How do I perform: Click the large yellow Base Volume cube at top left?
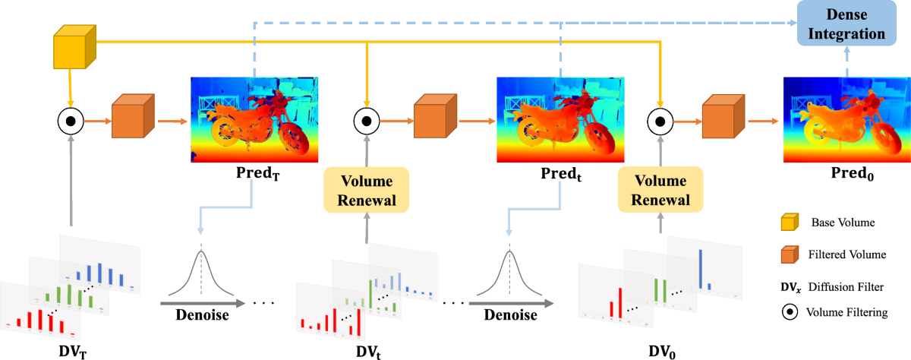click(74, 46)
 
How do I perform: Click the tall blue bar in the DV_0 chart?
click(700, 270)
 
